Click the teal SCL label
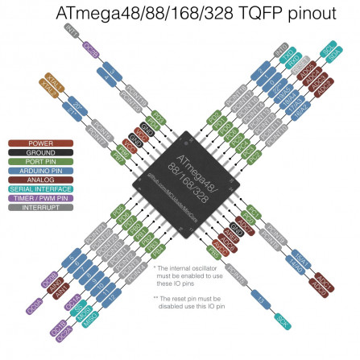328,48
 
